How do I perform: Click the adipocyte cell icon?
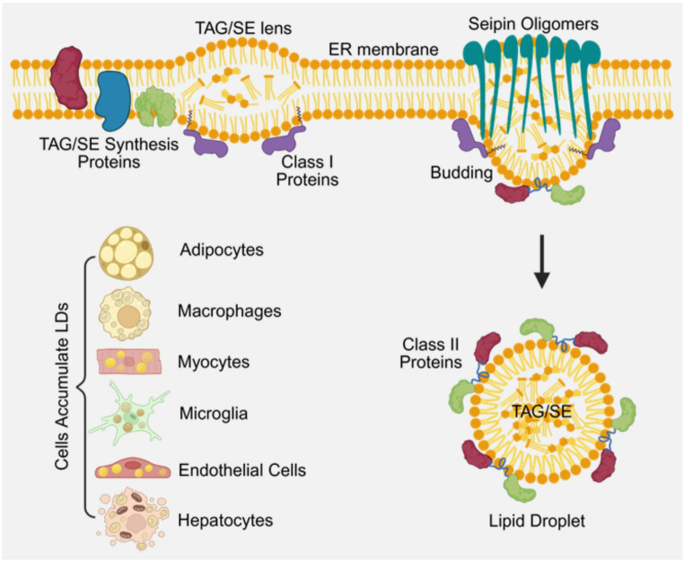pos(126,252)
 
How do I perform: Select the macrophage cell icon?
pos(125,313)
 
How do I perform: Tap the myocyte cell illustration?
pos(129,361)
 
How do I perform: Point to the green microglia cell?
pos(129,413)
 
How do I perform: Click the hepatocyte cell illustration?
pos(133,519)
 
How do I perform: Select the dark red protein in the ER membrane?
pos(68,78)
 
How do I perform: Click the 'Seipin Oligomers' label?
pos(533,23)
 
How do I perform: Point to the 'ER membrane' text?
pos(383,49)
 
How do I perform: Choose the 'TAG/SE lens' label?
pos(243,29)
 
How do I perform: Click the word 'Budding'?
pos(461,172)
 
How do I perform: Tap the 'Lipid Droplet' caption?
pos(537,521)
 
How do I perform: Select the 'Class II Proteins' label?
pos(431,353)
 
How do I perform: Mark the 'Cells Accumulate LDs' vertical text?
pos(62,386)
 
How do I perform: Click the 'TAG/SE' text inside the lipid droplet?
pos(541,411)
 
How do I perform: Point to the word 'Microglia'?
pos(214,413)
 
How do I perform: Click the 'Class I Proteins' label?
pos(308,171)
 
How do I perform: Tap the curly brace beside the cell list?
pos(85,387)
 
